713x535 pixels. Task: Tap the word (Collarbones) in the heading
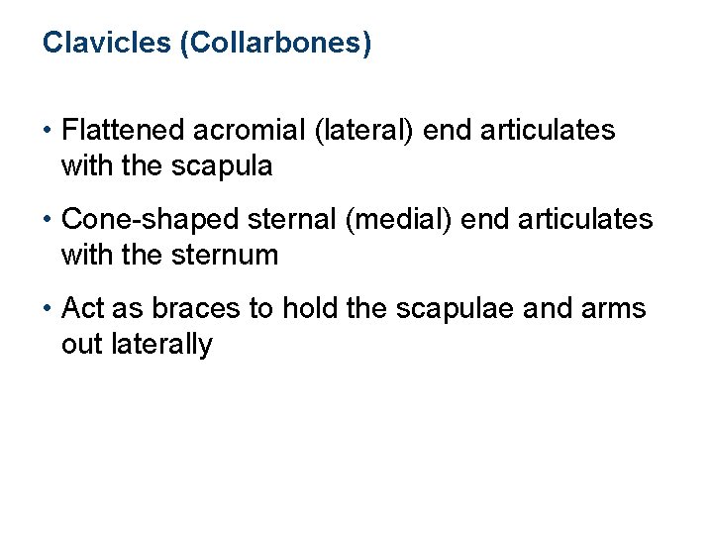pyautogui.click(x=275, y=45)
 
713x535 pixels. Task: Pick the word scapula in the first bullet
pyautogui.click(x=226, y=165)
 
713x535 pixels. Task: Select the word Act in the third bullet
pyautogui.click(x=82, y=308)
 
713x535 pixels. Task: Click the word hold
pyautogui.click(x=309, y=308)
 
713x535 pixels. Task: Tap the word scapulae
pyautogui.click(x=445, y=308)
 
